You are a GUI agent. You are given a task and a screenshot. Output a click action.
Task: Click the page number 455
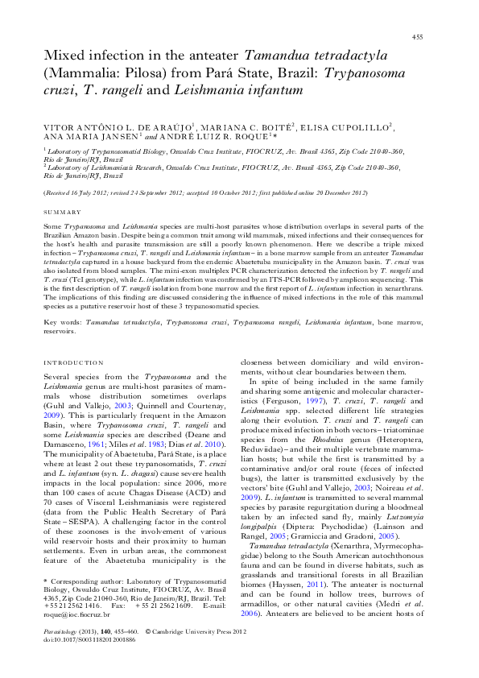click(418, 37)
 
